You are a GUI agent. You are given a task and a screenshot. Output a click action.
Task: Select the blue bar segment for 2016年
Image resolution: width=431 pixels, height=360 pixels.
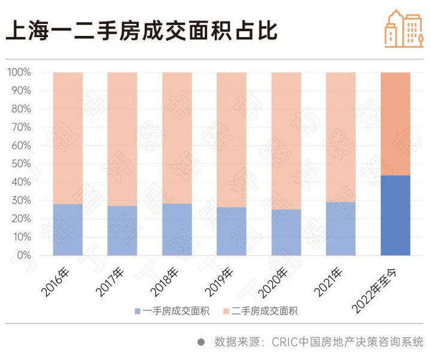click(x=68, y=230)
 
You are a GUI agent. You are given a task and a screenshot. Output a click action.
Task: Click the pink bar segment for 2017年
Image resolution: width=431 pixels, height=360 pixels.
click(x=122, y=139)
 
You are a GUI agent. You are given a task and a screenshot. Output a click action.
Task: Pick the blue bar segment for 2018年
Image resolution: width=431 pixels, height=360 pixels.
click(x=177, y=230)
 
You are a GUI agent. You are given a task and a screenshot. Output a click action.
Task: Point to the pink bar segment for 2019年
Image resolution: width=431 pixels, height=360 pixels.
click(x=231, y=139)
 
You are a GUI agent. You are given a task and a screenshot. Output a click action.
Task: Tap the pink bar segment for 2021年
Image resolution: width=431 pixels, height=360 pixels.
click(x=341, y=137)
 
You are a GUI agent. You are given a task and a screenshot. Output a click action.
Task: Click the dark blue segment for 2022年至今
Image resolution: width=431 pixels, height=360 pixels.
click(x=395, y=215)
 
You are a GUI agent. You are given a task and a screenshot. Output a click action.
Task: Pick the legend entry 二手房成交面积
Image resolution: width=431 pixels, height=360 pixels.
click(x=263, y=311)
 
